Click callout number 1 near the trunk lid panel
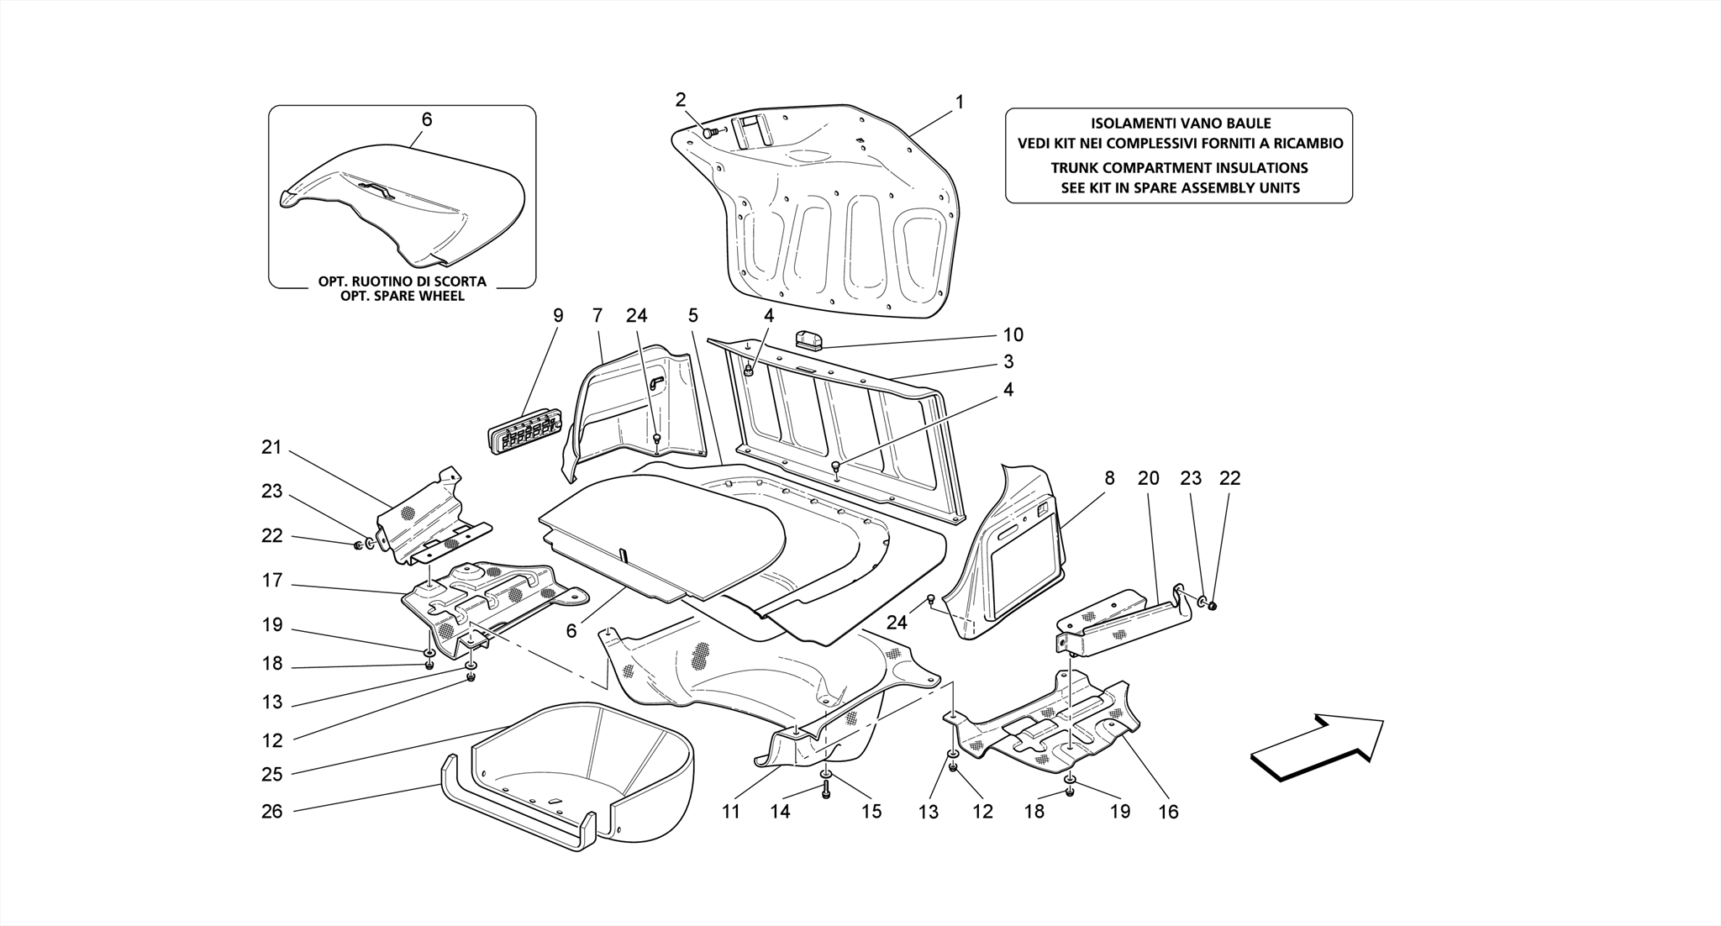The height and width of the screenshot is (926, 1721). pyautogui.click(x=959, y=102)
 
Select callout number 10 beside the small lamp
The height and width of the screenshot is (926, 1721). pyautogui.click(x=1013, y=334)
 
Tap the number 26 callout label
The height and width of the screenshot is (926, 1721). pyautogui.click(x=271, y=811)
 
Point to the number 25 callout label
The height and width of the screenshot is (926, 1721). pyautogui.click(x=271, y=774)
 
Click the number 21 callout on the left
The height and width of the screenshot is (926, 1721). pyautogui.click(x=271, y=447)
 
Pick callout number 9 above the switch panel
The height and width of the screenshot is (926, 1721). pyautogui.click(x=558, y=316)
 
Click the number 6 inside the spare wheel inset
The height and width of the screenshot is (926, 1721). pyautogui.click(x=427, y=119)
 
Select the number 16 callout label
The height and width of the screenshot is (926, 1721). pyautogui.click(x=1168, y=811)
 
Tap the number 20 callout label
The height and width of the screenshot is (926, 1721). pyautogui.click(x=1148, y=478)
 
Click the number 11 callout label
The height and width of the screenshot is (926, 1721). pyautogui.click(x=730, y=811)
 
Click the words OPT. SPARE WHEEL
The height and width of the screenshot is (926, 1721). pyautogui.click(x=402, y=296)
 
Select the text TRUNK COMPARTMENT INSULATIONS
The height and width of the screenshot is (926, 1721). pyautogui.click(x=1179, y=168)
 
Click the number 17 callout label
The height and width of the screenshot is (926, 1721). pyautogui.click(x=271, y=580)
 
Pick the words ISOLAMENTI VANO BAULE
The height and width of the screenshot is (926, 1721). pyautogui.click(x=1179, y=124)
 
